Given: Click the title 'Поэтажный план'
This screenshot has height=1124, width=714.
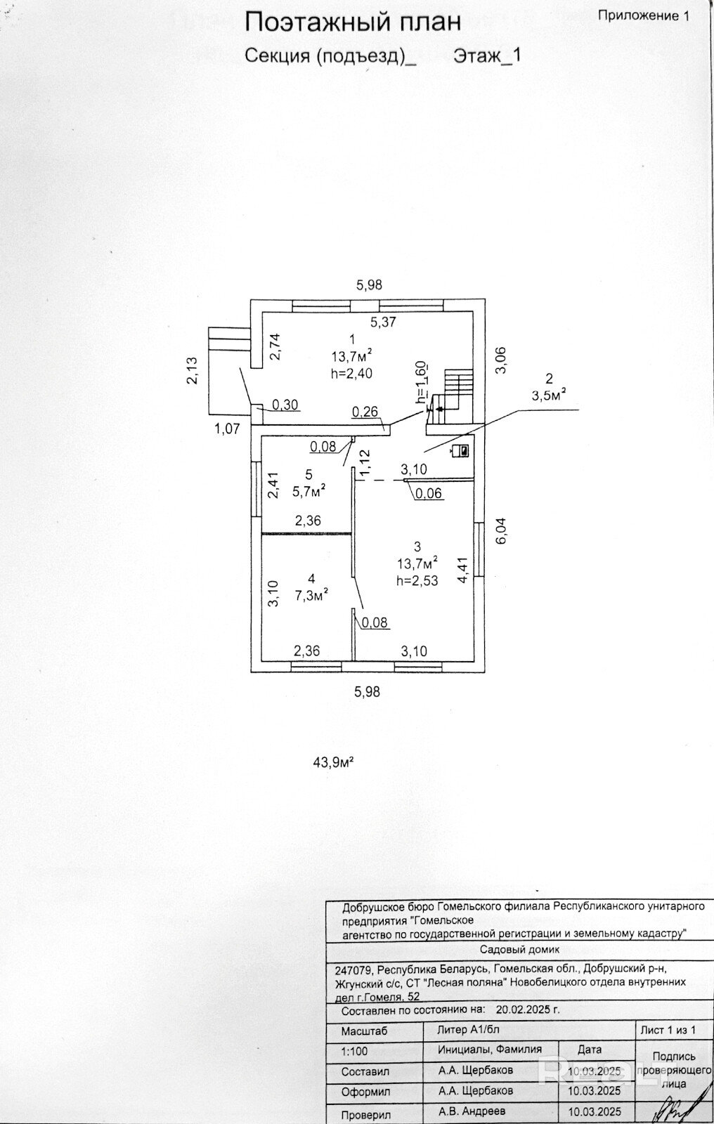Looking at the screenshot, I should (x=352, y=22).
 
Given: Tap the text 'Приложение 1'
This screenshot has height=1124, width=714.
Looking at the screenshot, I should (x=642, y=15).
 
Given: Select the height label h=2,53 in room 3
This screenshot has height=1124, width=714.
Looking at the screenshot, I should (x=417, y=580).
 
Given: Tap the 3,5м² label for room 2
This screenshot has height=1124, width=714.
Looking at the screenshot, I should (x=550, y=396).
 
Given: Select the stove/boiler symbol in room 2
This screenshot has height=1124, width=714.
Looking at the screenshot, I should (x=462, y=450).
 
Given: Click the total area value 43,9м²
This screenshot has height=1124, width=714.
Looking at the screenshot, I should (x=332, y=762).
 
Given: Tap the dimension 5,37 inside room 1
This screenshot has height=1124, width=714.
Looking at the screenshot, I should (x=384, y=322).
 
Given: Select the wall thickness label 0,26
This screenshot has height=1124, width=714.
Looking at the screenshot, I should (x=364, y=412).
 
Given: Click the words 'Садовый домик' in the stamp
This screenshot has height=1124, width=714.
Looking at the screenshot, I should (x=519, y=950).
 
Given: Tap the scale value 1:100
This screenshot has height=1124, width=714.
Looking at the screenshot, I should (x=354, y=1052).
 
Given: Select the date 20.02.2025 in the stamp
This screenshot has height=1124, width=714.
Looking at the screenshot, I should (x=527, y=1010).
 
